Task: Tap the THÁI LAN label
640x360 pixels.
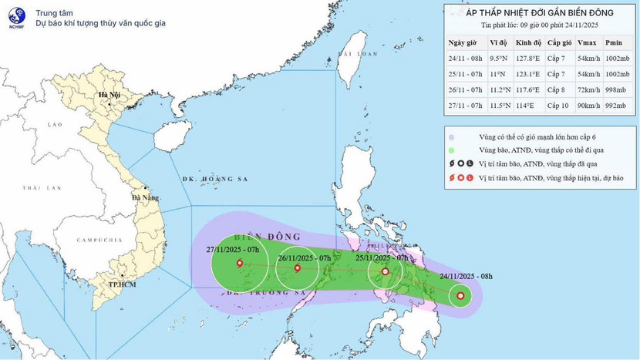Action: pos(35,188)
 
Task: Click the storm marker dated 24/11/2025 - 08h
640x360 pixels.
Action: pos(460,295)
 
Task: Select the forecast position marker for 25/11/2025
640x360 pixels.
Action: pos(385,271)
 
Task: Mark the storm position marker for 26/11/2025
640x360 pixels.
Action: pos(298,268)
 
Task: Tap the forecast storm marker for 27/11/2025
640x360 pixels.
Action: pos(239,264)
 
